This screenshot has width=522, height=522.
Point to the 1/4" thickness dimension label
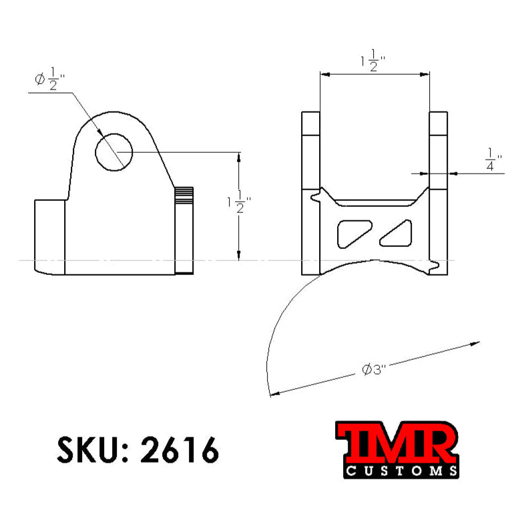[x=493, y=160]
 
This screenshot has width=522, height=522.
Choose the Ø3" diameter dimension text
[x=374, y=369]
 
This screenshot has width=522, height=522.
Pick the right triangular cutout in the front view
[x=400, y=232]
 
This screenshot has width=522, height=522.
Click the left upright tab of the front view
[x=311, y=150]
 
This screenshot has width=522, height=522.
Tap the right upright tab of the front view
[x=438, y=150]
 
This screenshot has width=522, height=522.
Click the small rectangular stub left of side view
[x=49, y=236]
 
